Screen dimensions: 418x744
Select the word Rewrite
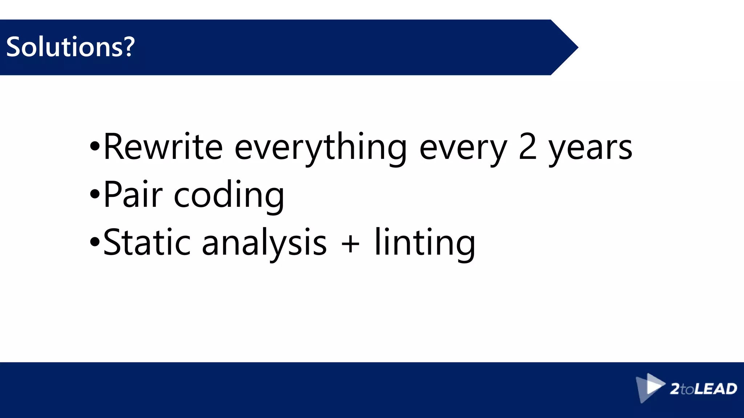click(x=163, y=147)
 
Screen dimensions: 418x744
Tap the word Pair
click(x=133, y=194)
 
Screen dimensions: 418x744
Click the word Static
click(x=147, y=242)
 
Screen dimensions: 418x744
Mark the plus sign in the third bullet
click(x=351, y=243)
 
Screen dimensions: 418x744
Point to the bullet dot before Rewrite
click(x=94, y=147)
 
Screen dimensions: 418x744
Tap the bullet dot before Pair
click(x=94, y=194)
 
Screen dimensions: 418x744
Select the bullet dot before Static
click(x=94, y=242)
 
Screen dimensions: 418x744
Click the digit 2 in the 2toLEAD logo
click(x=675, y=389)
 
